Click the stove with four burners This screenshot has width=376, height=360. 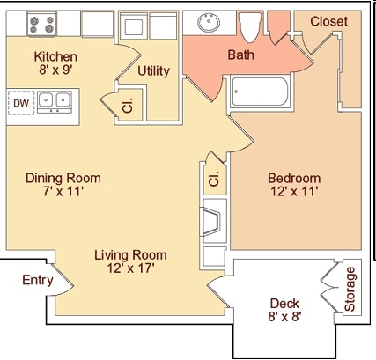(x=42, y=24)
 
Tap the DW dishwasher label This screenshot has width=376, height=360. (x=21, y=103)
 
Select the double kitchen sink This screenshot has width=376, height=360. (x=55, y=102)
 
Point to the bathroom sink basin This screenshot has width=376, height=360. (x=209, y=22)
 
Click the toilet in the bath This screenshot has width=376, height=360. (x=250, y=27)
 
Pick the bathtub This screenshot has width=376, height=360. (x=260, y=92)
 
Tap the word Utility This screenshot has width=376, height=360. (x=153, y=71)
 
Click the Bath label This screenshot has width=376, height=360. (x=240, y=55)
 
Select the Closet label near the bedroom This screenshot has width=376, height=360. (x=329, y=21)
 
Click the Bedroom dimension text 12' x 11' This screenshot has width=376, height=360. (x=294, y=192)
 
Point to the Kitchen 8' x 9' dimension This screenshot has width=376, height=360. (x=55, y=70)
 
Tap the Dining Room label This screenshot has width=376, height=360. (x=63, y=178)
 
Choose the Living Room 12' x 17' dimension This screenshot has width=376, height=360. (x=131, y=268)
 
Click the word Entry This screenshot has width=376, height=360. (x=38, y=280)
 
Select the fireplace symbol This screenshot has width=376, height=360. (x=210, y=222)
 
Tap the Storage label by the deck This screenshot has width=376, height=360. (x=350, y=289)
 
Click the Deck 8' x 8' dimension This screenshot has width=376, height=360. (x=284, y=317)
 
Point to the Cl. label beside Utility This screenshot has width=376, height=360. (x=128, y=106)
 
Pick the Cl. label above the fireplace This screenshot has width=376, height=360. (x=214, y=179)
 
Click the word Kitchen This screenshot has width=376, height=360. (x=55, y=56)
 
